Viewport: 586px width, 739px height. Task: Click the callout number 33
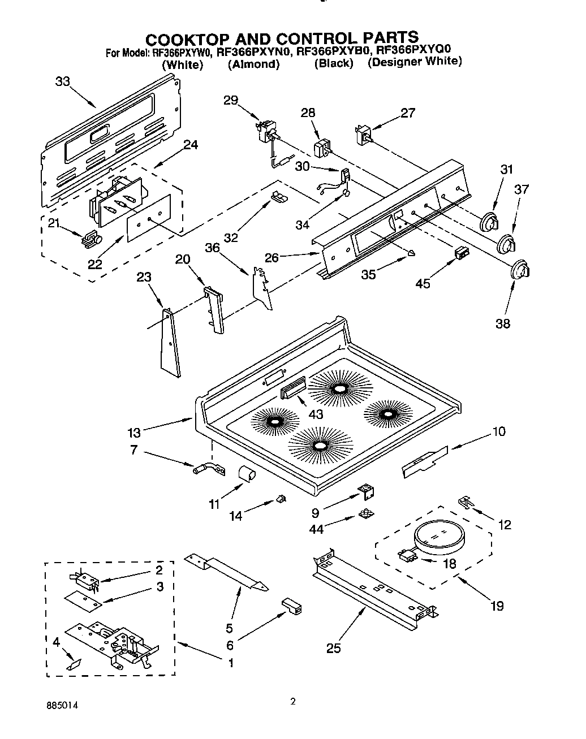tap(62, 81)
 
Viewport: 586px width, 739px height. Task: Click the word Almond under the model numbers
tap(253, 64)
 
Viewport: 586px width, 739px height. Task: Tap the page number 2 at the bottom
tap(292, 703)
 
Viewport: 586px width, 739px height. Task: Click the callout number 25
tap(333, 648)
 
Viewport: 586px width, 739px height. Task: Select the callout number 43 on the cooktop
tap(315, 414)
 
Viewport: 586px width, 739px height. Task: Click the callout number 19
tap(496, 606)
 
